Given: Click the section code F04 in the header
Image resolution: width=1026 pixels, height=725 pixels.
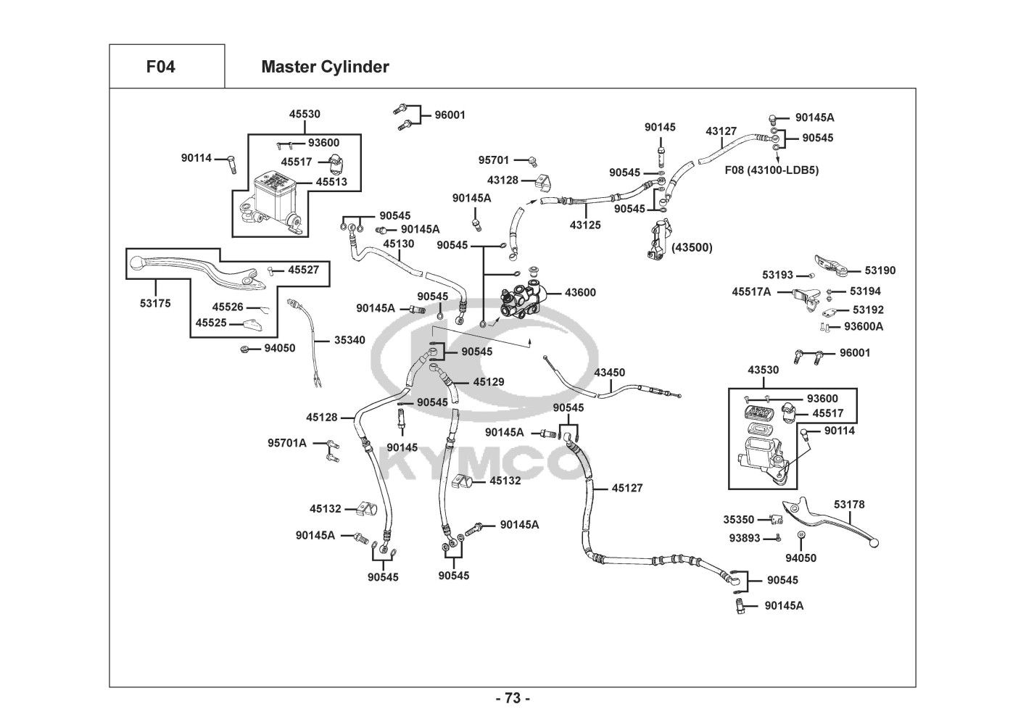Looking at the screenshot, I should [160, 67].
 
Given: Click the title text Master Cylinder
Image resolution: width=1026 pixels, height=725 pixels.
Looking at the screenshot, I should [325, 67].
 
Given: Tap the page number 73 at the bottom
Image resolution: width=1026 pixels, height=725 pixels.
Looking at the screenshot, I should [513, 699].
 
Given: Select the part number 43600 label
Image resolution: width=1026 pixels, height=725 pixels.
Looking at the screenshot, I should [580, 293].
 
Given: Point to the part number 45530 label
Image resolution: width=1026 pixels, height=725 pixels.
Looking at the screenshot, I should [305, 114].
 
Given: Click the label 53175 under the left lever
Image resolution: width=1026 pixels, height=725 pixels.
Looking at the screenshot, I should [155, 304].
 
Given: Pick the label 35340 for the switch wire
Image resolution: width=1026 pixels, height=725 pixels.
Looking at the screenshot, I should [349, 340].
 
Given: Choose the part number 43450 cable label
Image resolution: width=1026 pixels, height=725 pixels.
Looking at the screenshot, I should [609, 373].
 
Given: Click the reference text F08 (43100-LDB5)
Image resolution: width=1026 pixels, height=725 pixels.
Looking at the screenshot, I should [771, 170].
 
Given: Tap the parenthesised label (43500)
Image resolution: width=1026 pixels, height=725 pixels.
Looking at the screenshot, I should [692, 247].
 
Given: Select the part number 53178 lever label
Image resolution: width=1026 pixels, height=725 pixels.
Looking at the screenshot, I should [848, 505].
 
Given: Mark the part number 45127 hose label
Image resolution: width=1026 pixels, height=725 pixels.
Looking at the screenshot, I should [627, 489].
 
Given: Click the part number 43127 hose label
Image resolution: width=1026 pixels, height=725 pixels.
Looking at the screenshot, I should [721, 131].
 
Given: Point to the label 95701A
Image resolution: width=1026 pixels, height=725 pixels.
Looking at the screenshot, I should [287, 443].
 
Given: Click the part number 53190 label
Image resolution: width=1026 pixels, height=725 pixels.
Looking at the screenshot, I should [880, 270].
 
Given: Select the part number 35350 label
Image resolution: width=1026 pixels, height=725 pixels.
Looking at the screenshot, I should [738, 519].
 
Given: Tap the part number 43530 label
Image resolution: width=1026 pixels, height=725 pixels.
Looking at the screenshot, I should [763, 370].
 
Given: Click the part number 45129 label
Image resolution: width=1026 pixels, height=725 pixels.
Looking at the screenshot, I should [489, 381].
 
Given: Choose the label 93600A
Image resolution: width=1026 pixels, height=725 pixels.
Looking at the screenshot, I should [864, 326].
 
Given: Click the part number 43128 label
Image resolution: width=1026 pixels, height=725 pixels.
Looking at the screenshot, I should [502, 180].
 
